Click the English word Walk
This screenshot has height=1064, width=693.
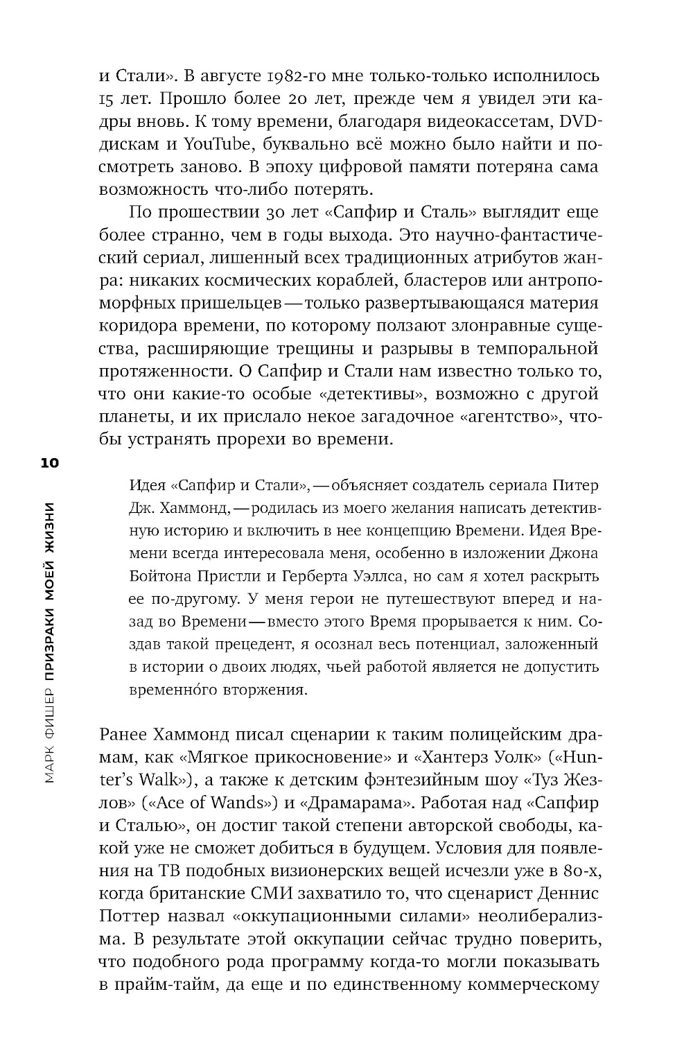click(x=160, y=780)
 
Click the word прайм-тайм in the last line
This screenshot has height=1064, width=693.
click(x=161, y=985)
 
